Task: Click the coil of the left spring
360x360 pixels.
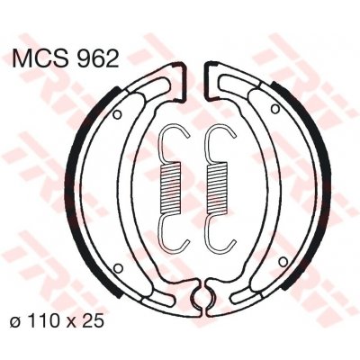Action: (x=171, y=187)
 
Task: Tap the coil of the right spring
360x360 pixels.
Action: (x=217, y=187)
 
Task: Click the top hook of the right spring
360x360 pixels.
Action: (x=219, y=142)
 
